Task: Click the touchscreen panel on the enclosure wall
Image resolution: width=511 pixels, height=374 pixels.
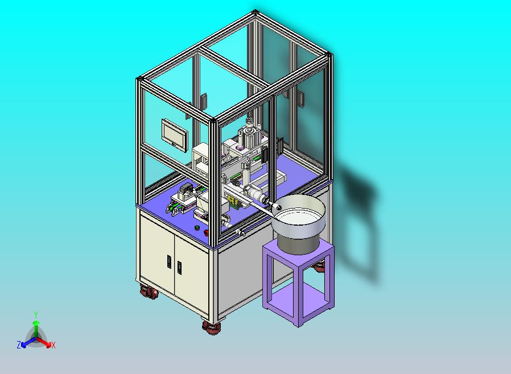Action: (175, 134)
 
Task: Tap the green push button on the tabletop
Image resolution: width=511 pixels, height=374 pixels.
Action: (197, 228)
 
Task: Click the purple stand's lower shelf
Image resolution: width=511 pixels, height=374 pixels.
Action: (300, 298)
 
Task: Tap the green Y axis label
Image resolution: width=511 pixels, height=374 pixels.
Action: (36, 314)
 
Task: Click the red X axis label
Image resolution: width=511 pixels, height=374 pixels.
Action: (53, 345)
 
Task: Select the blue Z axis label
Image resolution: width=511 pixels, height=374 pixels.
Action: (19, 344)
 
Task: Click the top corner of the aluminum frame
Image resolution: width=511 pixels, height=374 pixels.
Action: (255, 11)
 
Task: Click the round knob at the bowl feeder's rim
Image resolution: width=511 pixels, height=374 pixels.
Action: (278, 207)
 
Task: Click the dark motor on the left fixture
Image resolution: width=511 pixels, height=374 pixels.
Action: (185, 190)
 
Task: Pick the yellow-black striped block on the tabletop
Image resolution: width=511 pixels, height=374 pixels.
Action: (233, 202)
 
